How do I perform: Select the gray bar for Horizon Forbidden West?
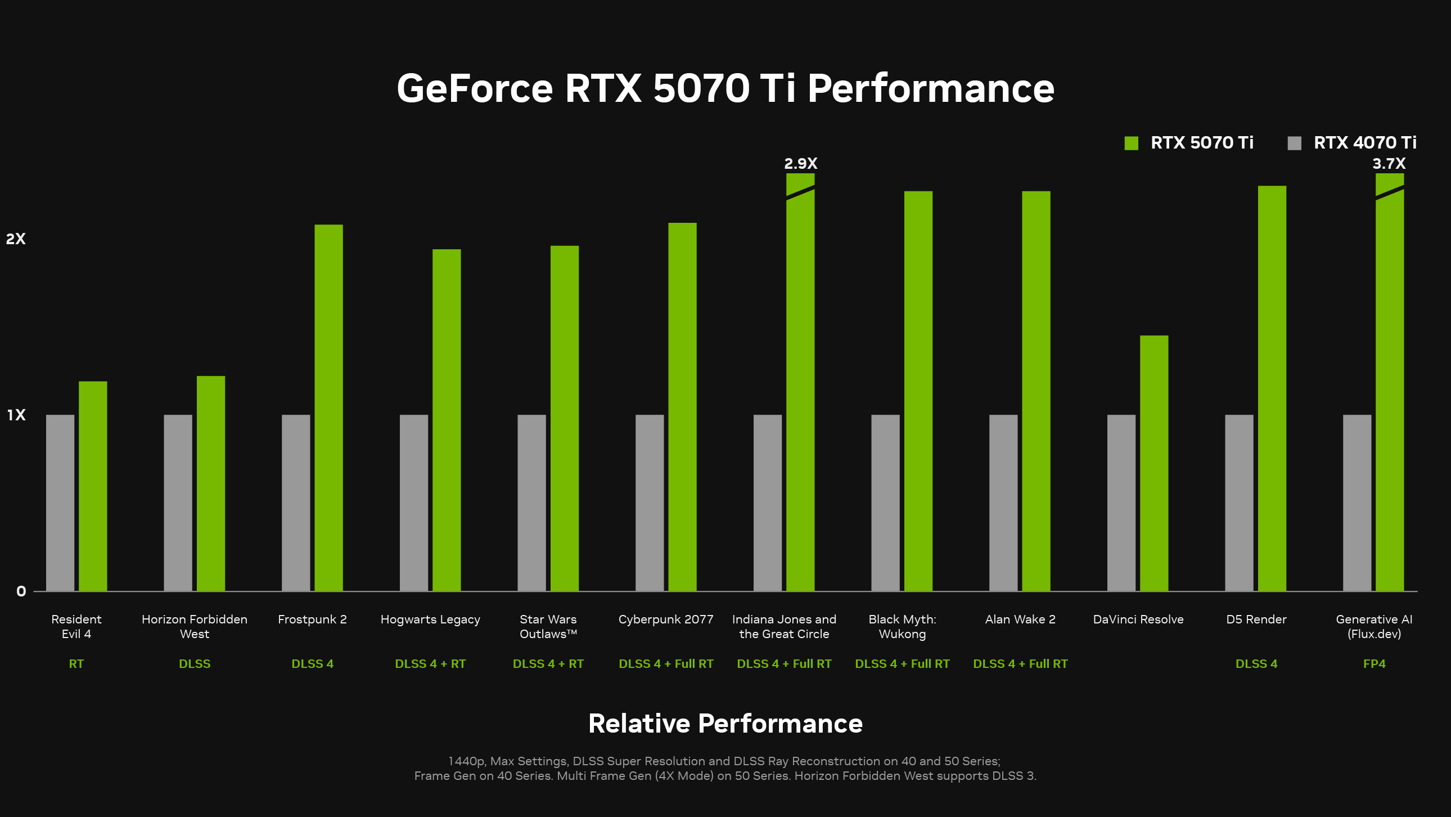(x=178, y=502)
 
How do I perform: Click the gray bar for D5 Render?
(x=1239, y=502)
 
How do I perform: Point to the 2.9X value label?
(x=800, y=163)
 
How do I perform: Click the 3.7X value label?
(x=1389, y=163)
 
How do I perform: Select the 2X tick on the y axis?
(x=16, y=239)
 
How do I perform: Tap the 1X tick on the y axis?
(x=16, y=415)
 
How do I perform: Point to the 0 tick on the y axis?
(x=21, y=591)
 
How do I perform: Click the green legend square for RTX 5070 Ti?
(x=1131, y=143)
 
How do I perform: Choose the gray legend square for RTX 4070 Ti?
(x=1295, y=143)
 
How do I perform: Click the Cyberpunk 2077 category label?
(x=666, y=620)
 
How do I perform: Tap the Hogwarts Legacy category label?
(x=430, y=620)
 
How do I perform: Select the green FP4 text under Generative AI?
(x=1374, y=664)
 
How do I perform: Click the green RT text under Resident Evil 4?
(x=76, y=664)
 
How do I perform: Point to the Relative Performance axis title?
(x=725, y=724)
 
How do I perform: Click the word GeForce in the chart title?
(x=475, y=88)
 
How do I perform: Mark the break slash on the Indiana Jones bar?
(x=800, y=192)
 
